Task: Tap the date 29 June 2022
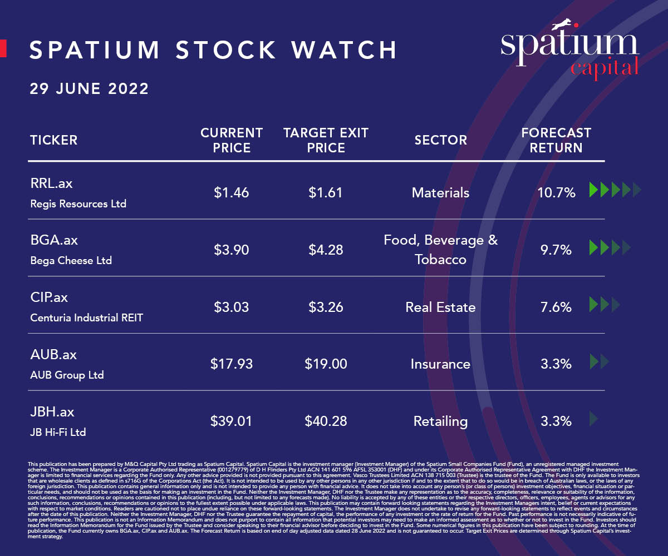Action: point(89,88)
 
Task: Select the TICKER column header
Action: point(53,140)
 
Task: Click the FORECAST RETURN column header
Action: point(556,140)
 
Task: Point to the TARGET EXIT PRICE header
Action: point(326,140)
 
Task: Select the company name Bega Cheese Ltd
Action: point(71,260)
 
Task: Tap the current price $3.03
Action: point(231,307)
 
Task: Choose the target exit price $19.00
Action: point(326,364)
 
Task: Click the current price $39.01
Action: point(231,421)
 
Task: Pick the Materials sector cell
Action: point(440,193)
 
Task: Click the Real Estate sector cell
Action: point(440,307)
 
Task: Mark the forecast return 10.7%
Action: point(556,193)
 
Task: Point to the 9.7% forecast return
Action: point(556,250)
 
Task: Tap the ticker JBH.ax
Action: point(52,413)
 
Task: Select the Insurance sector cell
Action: point(440,364)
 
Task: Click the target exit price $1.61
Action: point(326,193)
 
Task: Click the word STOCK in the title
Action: point(225,50)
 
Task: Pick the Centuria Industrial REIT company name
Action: point(86,318)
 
